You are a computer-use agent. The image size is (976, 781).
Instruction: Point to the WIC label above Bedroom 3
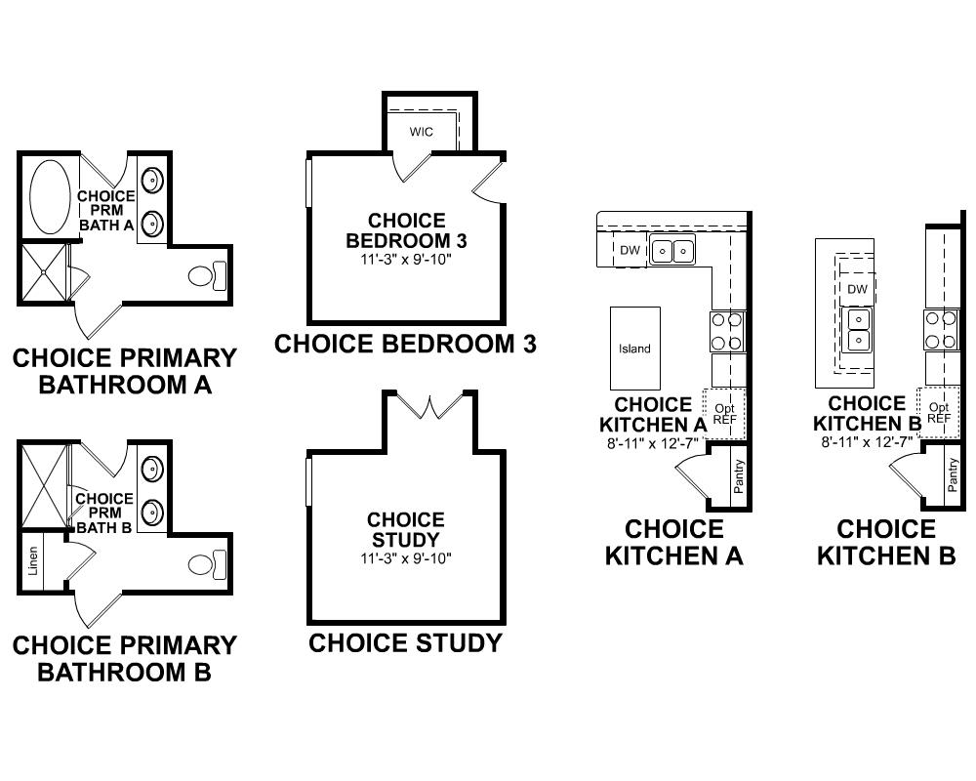(421, 132)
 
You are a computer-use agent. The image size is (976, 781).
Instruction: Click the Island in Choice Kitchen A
(634, 349)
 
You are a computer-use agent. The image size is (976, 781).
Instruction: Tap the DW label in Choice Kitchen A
(630, 251)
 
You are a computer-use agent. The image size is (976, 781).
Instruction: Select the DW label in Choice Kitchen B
(857, 289)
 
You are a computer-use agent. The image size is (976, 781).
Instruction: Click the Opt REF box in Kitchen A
(724, 412)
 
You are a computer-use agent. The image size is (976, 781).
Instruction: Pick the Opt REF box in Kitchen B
(938, 412)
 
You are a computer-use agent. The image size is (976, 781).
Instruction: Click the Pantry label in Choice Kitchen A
(739, 475)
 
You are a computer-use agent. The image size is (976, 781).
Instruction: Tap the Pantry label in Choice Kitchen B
(953, 475)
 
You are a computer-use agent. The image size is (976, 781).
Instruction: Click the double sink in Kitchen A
(672, 251)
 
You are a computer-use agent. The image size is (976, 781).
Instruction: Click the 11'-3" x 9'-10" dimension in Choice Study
(406, 558)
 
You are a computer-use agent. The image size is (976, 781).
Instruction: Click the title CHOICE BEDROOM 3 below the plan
(405, 344)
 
